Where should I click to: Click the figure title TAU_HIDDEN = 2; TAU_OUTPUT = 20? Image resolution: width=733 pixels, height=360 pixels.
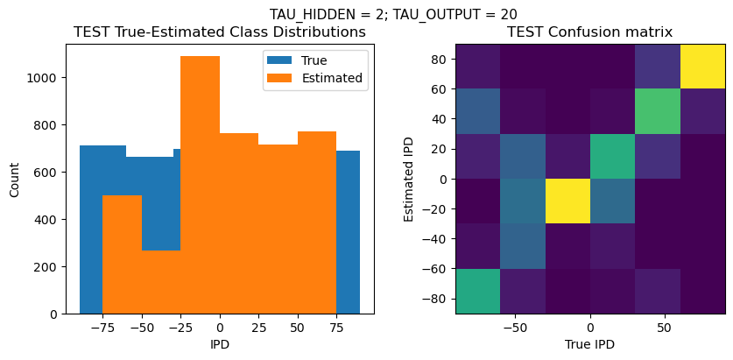[x=392, y=14]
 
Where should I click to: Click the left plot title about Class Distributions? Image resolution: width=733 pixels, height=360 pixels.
[x=219, y=32]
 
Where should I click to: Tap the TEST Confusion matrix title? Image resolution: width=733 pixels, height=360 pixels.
[x=589, y=32]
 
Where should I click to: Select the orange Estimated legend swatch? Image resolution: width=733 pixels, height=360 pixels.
[x=281, y=78]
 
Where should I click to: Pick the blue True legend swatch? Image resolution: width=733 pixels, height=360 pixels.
[x=281, y=60]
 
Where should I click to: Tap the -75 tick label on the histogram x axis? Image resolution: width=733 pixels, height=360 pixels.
[x=102, y=327]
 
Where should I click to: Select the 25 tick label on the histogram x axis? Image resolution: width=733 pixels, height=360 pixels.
[x=258, y=327]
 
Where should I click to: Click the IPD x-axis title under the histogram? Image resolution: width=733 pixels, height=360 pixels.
[x=219, y=344]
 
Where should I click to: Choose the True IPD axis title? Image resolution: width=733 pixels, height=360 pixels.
[x=589, y=344]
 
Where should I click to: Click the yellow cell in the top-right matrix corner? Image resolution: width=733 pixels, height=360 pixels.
[x=703, y=67]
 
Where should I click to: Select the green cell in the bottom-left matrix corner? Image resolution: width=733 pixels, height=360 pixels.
[x=477, y=291]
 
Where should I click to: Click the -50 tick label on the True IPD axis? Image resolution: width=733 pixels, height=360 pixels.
[x=515, y=327]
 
